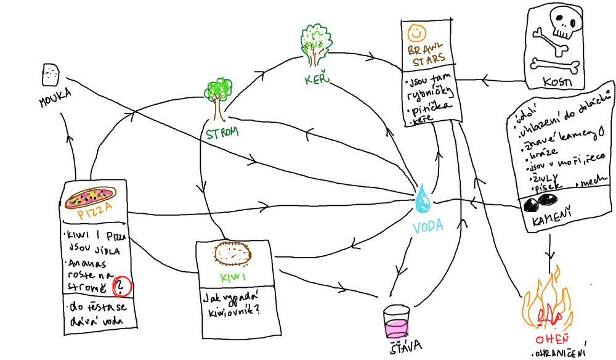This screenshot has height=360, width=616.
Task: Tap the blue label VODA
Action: (x=428, y=226)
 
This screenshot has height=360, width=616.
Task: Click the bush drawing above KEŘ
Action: (x=315, y=44)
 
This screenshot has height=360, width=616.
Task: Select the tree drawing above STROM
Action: (x=217, y=99)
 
